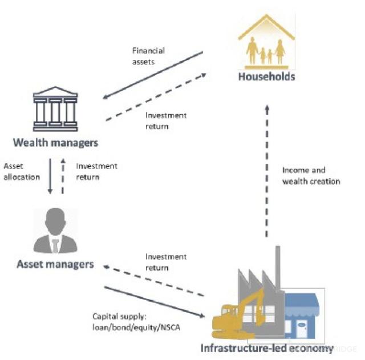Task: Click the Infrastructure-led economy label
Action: point(267,348)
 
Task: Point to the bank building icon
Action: point(55,108)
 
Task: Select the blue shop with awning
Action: point(303,316)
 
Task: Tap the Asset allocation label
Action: point(22,171)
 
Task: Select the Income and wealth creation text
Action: point(311,176)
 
